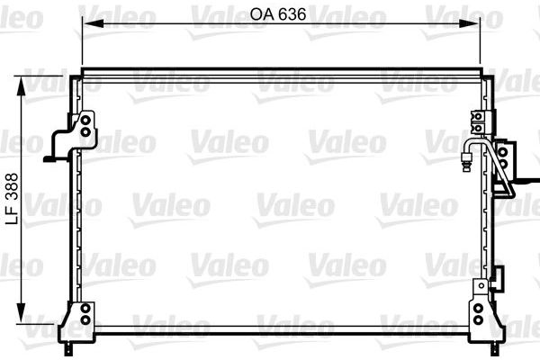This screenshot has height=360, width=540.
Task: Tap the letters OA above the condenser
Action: [263, 14]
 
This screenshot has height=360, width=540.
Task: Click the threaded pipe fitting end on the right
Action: [465, 162]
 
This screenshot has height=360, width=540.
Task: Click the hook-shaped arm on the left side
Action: [57, 148]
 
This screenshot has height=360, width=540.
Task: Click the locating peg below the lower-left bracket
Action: [69, 342]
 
